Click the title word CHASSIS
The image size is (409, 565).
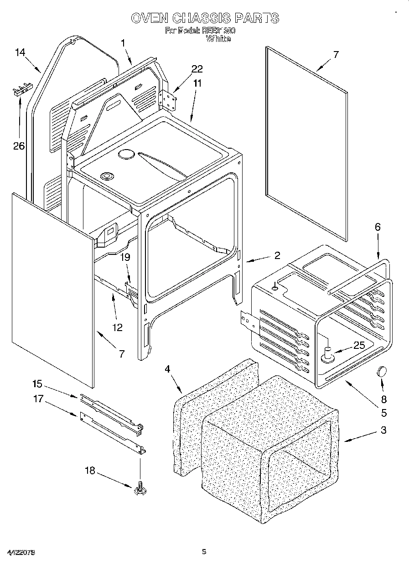pos(201,18)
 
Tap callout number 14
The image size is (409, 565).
pos(20,52)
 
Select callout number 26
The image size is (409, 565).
pos(19,146)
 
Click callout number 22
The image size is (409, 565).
pos(197,69)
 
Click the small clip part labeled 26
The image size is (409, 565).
pos(21,88)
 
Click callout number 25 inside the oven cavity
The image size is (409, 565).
pos(359,345)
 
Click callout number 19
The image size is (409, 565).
pos(125,257)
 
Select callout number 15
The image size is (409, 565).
pos(38,383)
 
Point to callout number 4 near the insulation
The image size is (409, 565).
pos(167,369)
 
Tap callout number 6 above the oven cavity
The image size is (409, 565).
pos(378,227)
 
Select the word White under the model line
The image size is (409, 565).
pos(218,39)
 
